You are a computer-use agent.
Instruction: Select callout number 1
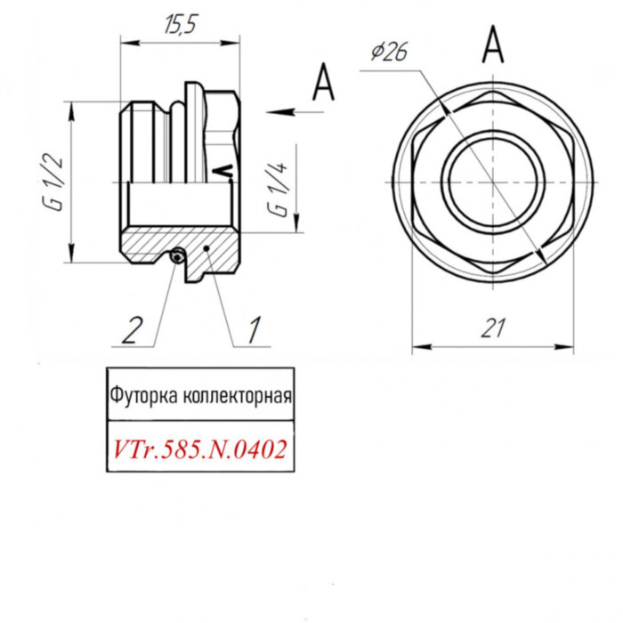click(253, 330)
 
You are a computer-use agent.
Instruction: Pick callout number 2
click(131, 330)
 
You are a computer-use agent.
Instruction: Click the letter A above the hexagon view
click(492, 44)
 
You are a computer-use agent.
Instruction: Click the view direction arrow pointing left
click(285, 111)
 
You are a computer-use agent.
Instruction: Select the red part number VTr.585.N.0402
click(199, 449)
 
